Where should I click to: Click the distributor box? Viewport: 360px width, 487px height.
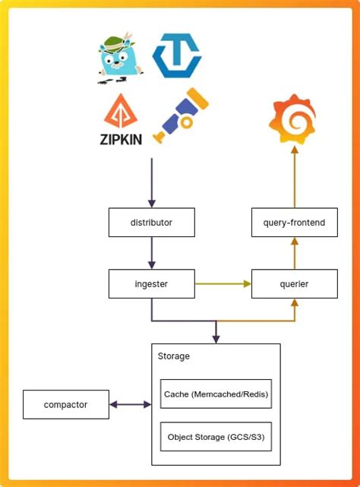(x=151, y=223)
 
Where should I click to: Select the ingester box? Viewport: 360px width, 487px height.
(x=151, y=284)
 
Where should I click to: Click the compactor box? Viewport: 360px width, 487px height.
(x=66, y=405)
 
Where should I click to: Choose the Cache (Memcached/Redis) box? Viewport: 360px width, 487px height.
(x=216, y=394)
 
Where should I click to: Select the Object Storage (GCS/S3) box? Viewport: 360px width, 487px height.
(x=216, y=437)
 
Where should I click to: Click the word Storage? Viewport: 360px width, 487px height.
(x=174, y=356)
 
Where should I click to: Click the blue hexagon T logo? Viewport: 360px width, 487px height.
(x=177, y=56)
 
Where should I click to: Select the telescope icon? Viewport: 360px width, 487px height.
(x=181, y=115)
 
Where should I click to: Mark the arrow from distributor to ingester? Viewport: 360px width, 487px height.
(x=151, y=254)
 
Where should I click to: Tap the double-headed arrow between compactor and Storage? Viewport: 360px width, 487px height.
(x=131, y=405)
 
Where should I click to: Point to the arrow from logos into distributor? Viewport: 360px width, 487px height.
(x=151, y=182)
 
